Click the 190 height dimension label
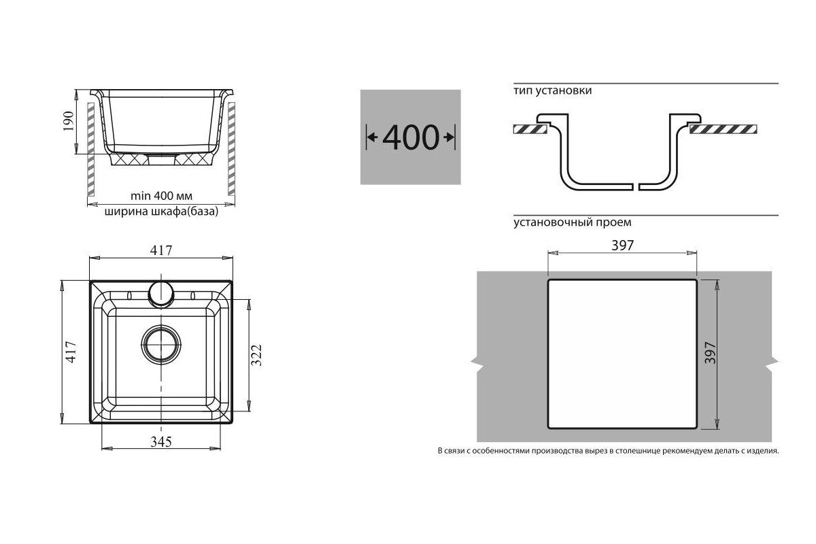[x=68, y=121]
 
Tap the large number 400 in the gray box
[x=411, y=137]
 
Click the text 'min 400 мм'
[x=161, y=196]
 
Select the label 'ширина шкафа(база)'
[x=161, y=211]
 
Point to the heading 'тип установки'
[x=553, y=90]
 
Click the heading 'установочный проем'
[x=573, y=222]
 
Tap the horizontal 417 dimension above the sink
[x=161, y=250]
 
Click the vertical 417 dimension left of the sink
[x=71, y=352]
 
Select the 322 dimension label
[x=257, y=355]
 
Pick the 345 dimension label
[x=161, y=441]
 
